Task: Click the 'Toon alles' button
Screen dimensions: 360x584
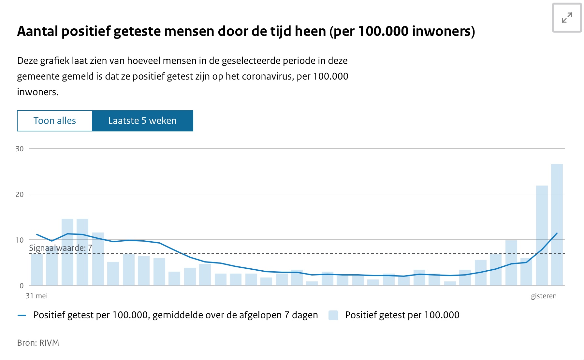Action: tap(55, 121)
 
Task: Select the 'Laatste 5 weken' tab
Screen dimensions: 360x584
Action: tap(142, 121)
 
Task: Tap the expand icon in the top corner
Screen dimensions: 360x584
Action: tap(567, 18)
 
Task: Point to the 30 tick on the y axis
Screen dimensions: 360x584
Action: tap(20, 149)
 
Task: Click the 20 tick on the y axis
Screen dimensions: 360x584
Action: tap(20, 194)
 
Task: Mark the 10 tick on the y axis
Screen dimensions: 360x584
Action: tap(20, 240)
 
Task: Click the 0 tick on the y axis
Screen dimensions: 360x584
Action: tap(22, 286)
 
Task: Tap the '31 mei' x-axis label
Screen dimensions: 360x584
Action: tap(37, 296)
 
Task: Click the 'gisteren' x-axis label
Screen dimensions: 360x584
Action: tap(544, 296)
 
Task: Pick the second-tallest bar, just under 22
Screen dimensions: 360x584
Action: tap(542, 235)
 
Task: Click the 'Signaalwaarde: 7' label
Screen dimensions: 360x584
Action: tap(61, 248)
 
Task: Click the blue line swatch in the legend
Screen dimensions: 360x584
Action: tap(22, 315)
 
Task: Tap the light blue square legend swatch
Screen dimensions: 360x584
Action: tap(333, 315)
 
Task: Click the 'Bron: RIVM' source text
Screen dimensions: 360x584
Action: tap(38, 343)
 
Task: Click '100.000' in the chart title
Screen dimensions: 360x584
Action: tap(383, 31)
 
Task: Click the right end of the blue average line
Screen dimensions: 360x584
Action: tap(557, 233)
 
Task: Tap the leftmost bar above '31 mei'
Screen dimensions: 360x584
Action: tap(37, 269)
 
